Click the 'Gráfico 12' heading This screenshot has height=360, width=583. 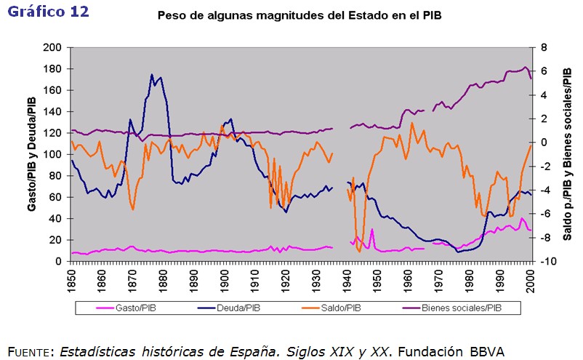[x=48, y=12]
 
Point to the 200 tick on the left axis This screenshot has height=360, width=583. [x=53, y=48]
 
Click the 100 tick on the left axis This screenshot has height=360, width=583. [x=53, y=154]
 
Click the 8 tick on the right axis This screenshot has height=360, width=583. [x=542, y=48]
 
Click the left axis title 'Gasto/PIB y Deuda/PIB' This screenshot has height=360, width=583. [x=32, y=154]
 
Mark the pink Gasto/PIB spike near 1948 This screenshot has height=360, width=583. [x=372, y=230]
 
